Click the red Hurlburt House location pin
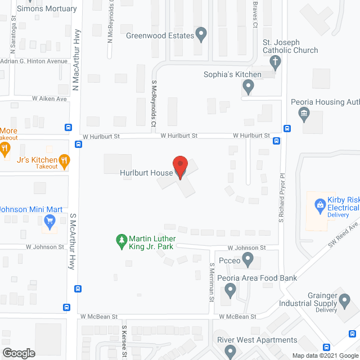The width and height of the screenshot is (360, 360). pyautogui.click(x=180, y=166)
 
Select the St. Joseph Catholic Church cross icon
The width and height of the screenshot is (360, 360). pyautogui.click(x=274, y=62)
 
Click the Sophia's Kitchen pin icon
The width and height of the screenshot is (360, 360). pyautogui.click(x=247, y=87)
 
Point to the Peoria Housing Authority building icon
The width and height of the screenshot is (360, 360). pyautogui.click(x=304, y=115)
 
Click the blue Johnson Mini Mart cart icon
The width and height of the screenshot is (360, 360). pyautogui.click(x=49, y=223)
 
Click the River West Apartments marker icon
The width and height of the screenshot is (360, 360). pyautogui.click(x=230, y=352)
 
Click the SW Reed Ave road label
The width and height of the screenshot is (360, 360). pyautogui.click(x=344, y=234)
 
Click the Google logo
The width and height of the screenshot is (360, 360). pyautogui.click(x=18, y=353)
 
